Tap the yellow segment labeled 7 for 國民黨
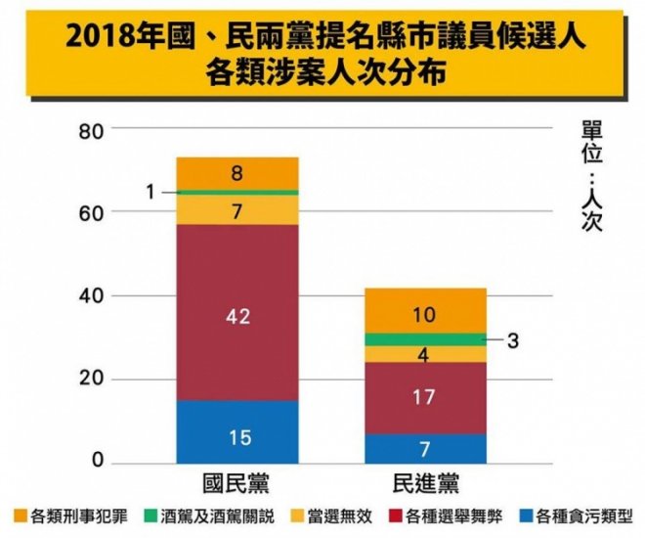coord(237,210)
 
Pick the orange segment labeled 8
coord(237,173)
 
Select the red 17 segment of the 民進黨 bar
coord(425,397)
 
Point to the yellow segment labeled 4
coord(425,354)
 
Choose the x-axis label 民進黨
coord(425,483)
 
